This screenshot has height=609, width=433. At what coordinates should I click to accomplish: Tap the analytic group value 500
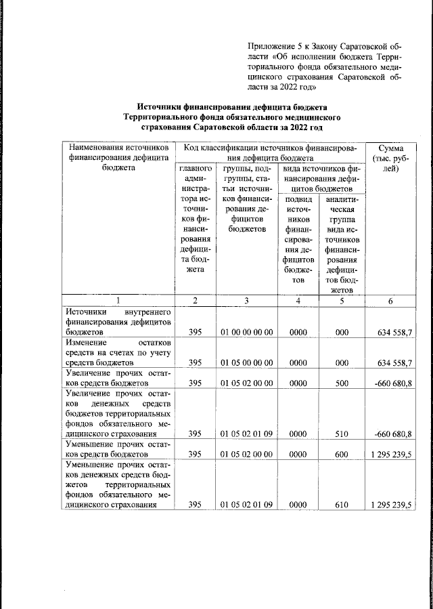341,383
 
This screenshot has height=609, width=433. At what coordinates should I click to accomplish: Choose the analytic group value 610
341,505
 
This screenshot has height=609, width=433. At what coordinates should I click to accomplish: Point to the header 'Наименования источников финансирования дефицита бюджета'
117,157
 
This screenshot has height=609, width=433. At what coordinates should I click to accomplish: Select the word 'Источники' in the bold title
161,107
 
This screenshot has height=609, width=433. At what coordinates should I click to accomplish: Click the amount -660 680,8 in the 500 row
393,383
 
